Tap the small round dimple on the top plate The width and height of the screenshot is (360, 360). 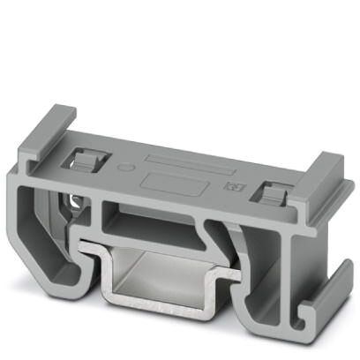(x=125, y=165)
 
